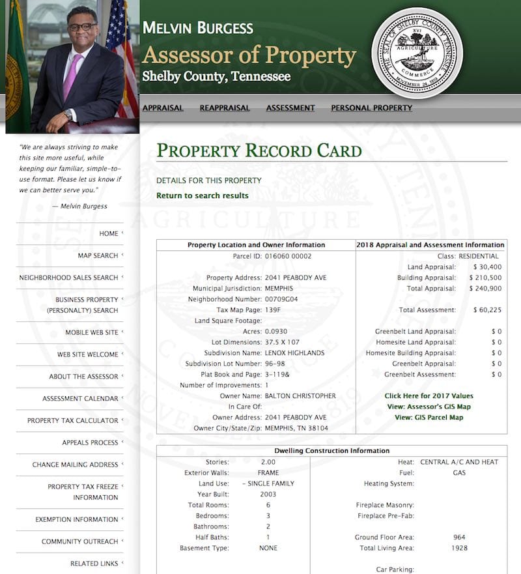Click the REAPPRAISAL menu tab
[x=225, y=108]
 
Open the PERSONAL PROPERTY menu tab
[x=371, y=108]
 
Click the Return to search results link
[x=202, y=195]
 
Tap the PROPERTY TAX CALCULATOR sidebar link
[x=72, y=421]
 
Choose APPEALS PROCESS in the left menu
[x=90, y=443]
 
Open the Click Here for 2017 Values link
[x=429, y=396]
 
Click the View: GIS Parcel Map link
[x=429, y=418]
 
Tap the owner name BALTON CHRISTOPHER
[x=300, y=396]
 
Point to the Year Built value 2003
[x=268, y=495]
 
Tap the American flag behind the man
[x=122, y=59]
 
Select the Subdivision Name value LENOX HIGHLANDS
[x=294, y=353]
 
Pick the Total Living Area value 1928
[x=459, y=548]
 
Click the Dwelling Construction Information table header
[x=331, y=451]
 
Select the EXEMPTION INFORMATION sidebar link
[x=76, y=520]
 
